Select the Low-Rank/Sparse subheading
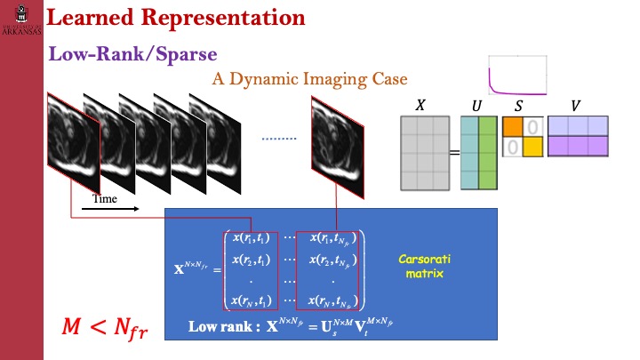(x=133, y=54)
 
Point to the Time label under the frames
(x=106, y=198)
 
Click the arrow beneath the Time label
(x=116, y=210)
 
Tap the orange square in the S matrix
(x=513, y=126)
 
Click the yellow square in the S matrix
(x=531, y=146)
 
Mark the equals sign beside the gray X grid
(x=453, y=153)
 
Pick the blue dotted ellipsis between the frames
(x=280, y=139)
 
